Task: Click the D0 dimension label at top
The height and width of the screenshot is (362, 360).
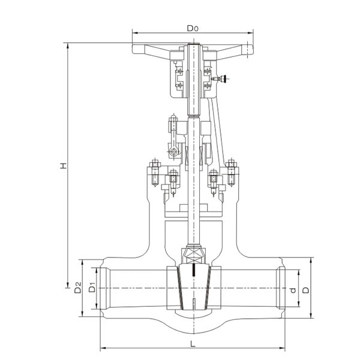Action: coord(192,28)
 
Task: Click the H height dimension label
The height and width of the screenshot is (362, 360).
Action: coord(62,166)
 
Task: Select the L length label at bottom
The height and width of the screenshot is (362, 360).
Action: coord(192,344)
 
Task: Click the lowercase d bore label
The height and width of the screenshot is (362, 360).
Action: coord(293,290)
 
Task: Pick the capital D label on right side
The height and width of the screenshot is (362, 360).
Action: coord(305,289)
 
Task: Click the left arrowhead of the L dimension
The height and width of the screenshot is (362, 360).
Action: coord(103,348)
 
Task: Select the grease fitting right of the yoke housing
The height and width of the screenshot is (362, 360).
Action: coord(223,78)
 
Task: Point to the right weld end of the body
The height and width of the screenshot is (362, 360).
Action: coord(281,289)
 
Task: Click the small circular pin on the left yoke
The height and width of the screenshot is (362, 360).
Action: coord(174,152)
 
